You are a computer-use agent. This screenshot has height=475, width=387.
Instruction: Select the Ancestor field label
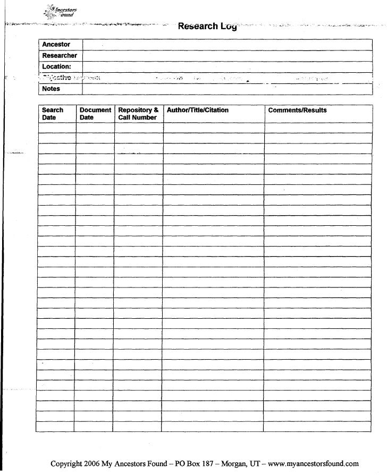(56, 45)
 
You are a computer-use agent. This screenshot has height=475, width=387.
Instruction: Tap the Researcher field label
(60, 56)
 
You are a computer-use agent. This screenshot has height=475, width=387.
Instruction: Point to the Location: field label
(56, 67)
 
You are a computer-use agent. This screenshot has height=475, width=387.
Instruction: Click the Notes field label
(51, 89)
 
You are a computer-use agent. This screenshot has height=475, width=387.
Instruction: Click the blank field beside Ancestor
(227, 45)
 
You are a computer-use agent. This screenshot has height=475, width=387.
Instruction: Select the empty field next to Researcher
(227, 56)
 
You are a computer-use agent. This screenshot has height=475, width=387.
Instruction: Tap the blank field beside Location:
(227, 67)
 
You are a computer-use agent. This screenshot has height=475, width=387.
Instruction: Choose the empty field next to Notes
(227, 89)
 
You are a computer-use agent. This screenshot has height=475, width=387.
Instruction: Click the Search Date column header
(52, 114)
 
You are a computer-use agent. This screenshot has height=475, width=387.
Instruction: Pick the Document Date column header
(95, 114)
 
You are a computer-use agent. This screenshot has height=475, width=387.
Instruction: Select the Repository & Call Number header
(138, 114)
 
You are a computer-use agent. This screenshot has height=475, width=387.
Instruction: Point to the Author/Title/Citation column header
(198, 111)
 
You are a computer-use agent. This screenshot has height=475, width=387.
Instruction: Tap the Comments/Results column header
(297, 111)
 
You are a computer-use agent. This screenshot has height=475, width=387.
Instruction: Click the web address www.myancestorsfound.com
(314, 463)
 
